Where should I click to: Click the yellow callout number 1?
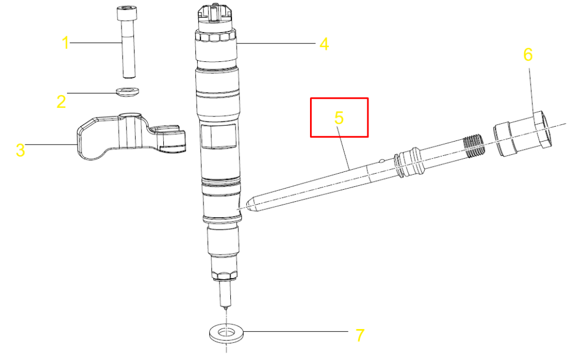point(65,43)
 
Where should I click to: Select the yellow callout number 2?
point(61,101)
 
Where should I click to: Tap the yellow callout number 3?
point(20,150)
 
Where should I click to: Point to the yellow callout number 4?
point(324,44)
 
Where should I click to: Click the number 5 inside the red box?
point(339,118)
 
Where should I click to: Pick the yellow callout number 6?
point(528,54)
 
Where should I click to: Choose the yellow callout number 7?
point(360,335)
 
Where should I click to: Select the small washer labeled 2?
point(128,91)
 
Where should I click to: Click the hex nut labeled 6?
point(523,135)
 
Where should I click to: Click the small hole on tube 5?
point(382,161)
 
